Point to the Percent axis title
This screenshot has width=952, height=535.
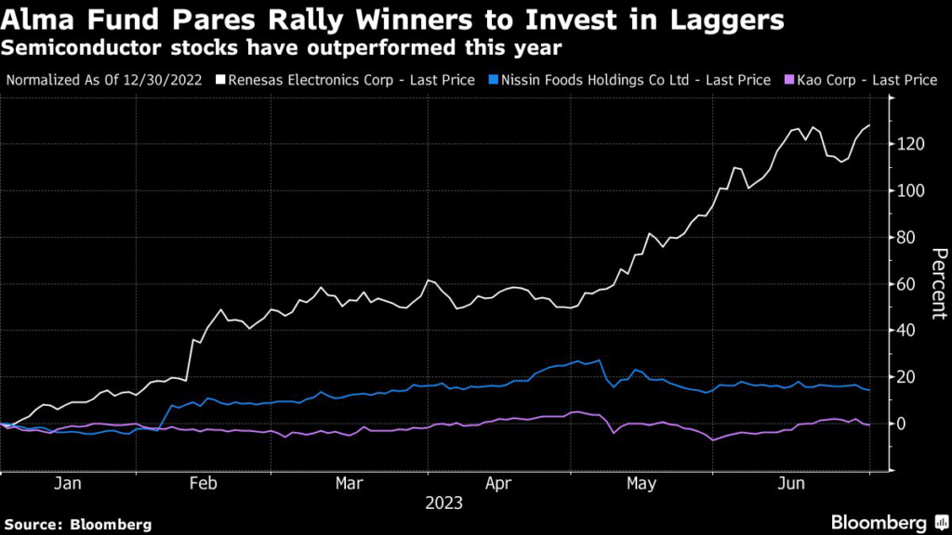click(x=939, y=283)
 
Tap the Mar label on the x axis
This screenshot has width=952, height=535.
click(x=349, y=484)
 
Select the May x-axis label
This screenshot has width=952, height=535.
click(x=641, y=484)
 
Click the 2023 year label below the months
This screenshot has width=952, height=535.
click(x=443, y=504)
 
